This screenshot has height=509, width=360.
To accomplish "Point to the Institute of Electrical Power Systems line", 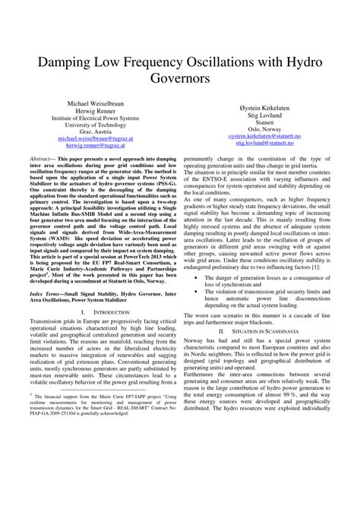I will [94, 119].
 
